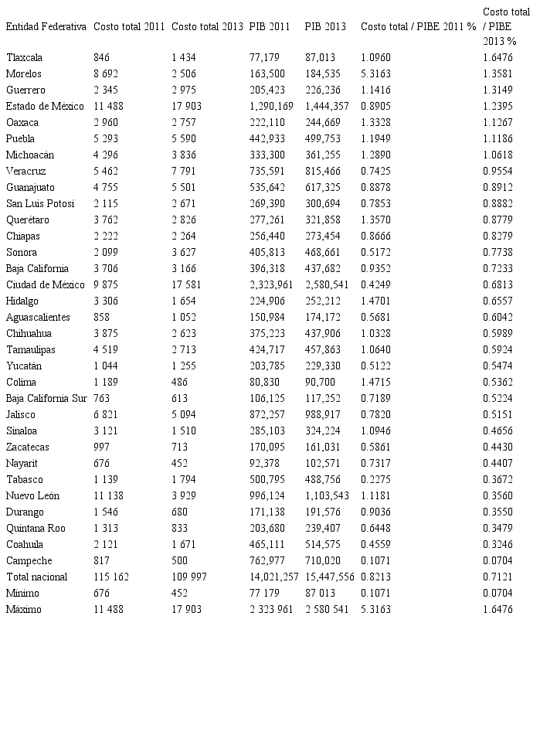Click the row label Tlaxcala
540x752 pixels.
(x=24, y=57)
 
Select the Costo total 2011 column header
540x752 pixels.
(x=129, y=26)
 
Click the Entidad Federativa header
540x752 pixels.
(x=46, y=26)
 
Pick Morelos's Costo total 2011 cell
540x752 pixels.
(x=106, y=73)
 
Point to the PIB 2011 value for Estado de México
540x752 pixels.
(x=271, y=106)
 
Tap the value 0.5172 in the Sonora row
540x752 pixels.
(x=375, y=252)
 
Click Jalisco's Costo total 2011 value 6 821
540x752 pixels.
(x=106, y=414)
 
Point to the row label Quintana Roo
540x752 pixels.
(x=36, y=528)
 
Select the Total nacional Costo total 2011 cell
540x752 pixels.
(x=111, y=577)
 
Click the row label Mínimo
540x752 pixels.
(x=22, y=593)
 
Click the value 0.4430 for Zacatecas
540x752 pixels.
(x=497, y=447)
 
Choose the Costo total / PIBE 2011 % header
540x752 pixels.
(x=418, y=26)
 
